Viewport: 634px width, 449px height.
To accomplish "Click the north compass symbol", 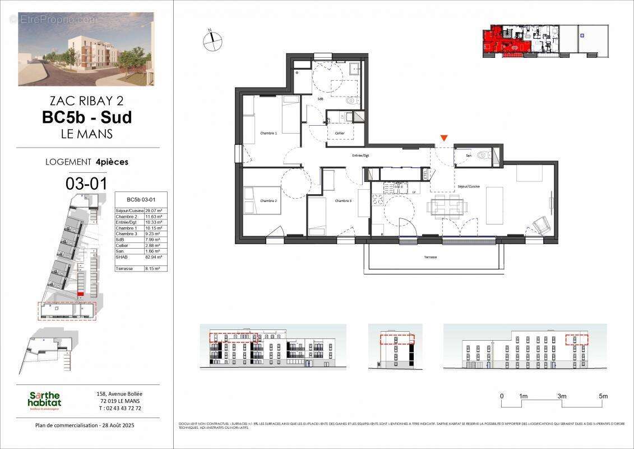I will [213, 40].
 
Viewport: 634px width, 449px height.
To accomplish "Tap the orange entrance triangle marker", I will [444, 138].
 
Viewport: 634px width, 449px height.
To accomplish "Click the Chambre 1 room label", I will [268, 133].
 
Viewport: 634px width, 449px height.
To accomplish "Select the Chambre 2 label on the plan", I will [269, 200].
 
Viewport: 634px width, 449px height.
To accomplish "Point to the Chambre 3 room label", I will [344, 200].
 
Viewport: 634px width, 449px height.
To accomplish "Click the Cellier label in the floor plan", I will [340, 133].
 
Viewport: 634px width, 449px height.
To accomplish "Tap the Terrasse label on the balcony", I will [430, 257].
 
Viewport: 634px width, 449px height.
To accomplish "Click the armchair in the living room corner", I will [540, 226].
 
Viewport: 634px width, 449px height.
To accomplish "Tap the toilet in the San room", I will [483, 157].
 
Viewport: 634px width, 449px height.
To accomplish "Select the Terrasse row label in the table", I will [124, 269].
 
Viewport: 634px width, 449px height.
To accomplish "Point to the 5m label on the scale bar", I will [603, 396].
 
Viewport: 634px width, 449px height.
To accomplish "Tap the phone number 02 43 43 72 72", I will [119, 408].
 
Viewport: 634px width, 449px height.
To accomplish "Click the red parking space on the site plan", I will [80, 294].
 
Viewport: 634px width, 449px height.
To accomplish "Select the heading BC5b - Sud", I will [87, 117].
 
